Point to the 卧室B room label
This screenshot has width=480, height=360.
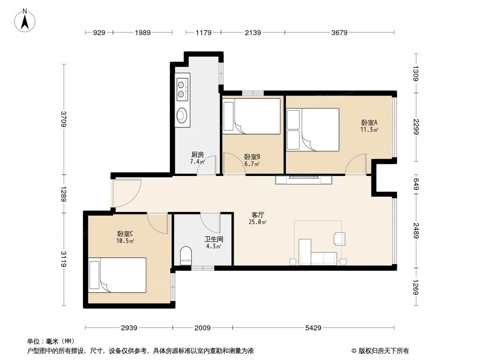click(252, 157)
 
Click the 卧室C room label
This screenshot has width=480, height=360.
click(125, 234)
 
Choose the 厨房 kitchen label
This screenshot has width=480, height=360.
click(197, 154)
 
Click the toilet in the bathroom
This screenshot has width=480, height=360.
click(185, 255)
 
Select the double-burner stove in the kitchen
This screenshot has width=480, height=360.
click(182, 89)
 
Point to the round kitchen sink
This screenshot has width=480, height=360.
click(182, 115)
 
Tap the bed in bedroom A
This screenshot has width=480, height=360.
click(313, 130)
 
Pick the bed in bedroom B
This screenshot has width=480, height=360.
click(252, 116)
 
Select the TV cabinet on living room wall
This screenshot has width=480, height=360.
click(304, 180)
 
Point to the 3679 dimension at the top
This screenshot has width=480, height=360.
click(339, 32)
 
